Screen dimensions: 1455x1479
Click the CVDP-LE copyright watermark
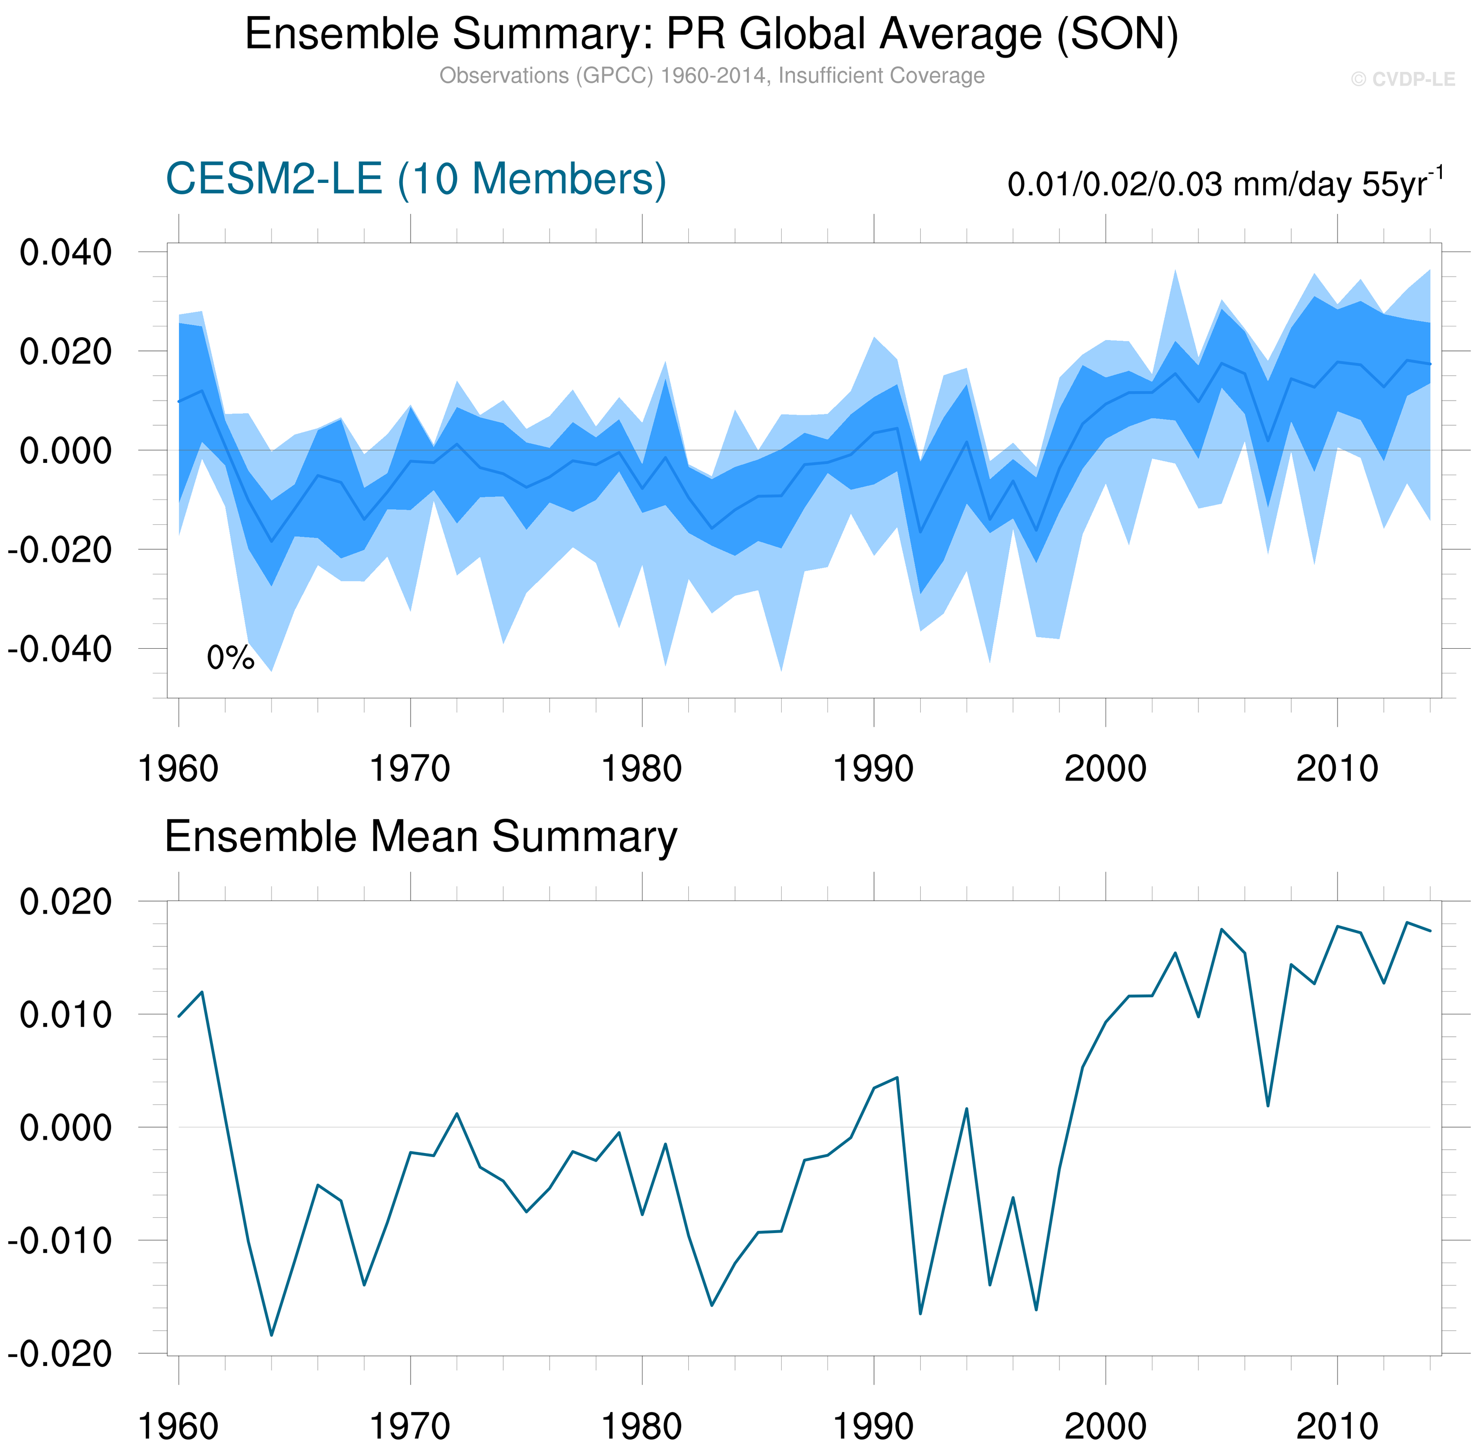pyautogui.click(x=1403, y=80)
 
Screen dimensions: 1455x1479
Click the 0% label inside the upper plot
pyautogui.click(x=230, y=658)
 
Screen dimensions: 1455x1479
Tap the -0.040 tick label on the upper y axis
pyautogui.click(x=60, y=650)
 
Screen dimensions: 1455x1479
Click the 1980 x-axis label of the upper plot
pyautogui.click(x=641, y=769)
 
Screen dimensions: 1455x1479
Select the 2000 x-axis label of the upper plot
pyautogui.click(x=1105, y=769)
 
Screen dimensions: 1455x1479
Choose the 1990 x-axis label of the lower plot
pyautogui.click(x=873, y=1426)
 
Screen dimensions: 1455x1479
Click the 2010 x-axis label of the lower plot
pyautogui.click(x=1337, y=1426)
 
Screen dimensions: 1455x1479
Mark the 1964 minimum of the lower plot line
pyautogui.click(x=272, y=1335)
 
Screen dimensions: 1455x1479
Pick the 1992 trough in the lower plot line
pyautogui.click(x=920, y=1314)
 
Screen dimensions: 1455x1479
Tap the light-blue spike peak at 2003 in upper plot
pyautogui.click(x=1175, y=270)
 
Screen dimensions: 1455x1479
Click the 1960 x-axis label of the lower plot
pyautogui.click(x=178, y=1426)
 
